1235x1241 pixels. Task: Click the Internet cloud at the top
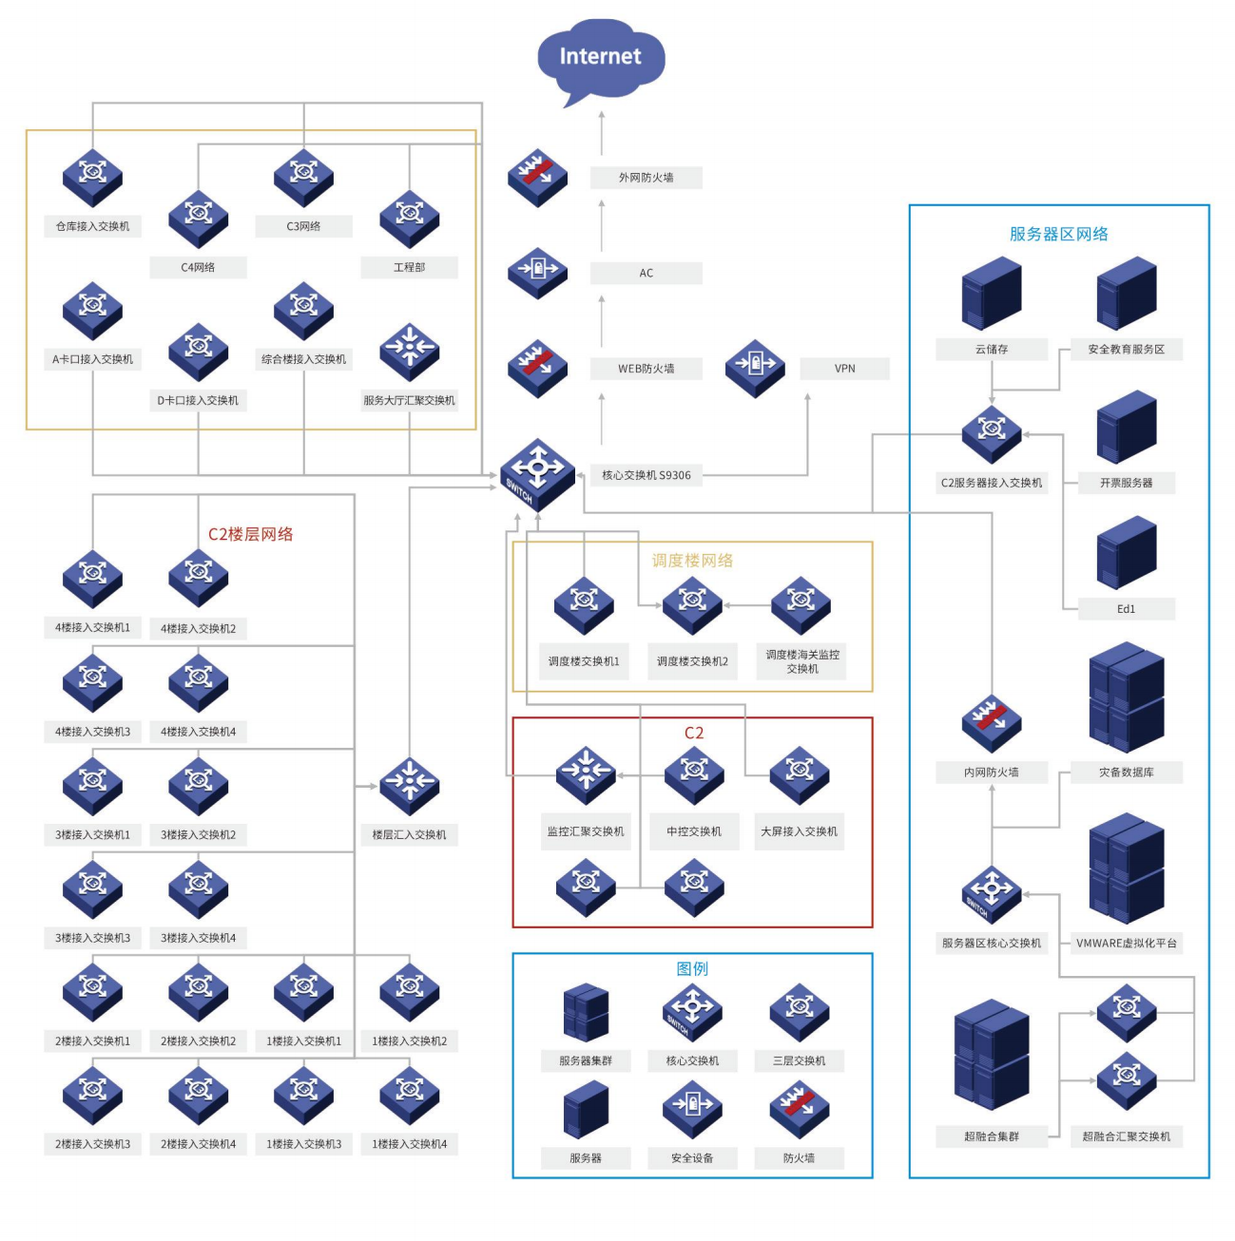tap(600, 58)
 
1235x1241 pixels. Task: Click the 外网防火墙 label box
tap(646, 178)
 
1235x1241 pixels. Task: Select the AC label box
tap(646, 274)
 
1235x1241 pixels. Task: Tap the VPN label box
tap(844, 369)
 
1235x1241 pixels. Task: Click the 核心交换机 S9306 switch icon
tap(538, 473)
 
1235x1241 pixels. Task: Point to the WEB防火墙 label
tap(646, 369)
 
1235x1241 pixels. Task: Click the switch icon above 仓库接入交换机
tap(92, 177)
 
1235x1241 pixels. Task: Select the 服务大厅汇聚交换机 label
tap(409, 401)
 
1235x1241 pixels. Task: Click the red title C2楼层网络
tap(250, 534)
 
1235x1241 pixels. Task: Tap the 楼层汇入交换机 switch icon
tap(409, 786)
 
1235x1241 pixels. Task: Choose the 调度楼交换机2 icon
tap(692, 604)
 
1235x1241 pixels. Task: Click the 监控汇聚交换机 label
tap(586, 831)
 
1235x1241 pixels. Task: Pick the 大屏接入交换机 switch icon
tap(800, 774)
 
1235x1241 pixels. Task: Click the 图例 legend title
tap(692, 968)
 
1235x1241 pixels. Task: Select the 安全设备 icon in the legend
tap(692, 1109)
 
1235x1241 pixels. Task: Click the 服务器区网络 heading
tap(1058, 234)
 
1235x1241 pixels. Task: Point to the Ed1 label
tap(1126, 609)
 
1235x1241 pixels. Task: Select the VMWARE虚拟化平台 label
tap(1126, 944)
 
